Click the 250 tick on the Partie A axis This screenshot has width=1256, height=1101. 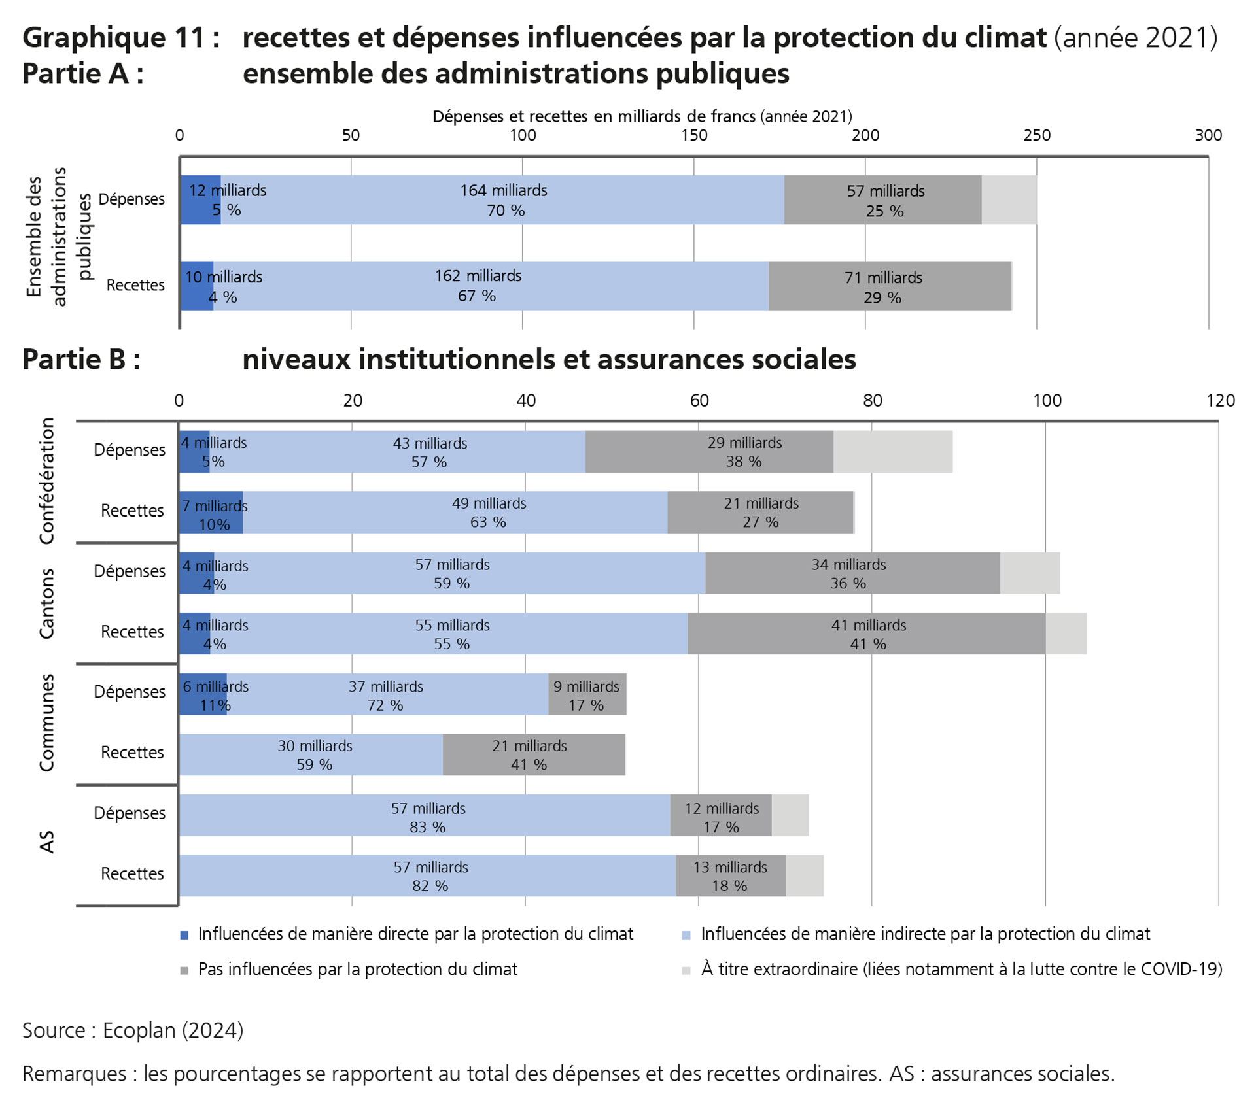(x=1036, y=135)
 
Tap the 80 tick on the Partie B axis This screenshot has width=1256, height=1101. (x=872, y=400)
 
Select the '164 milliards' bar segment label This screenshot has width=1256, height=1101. (x=503, y=191)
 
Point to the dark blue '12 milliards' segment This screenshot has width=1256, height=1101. (x=200, y=200)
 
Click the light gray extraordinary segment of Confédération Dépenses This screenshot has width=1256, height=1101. (x=892, y=452)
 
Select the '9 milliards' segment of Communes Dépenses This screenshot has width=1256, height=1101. (x=587, y=694)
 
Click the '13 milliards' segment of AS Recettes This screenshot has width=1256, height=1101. (x=730, y=875)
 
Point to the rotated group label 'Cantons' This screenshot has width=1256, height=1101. (x=47, y=603)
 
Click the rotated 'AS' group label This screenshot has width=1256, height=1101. (x=47, y=842)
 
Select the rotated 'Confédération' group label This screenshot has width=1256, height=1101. (x=47, y=481)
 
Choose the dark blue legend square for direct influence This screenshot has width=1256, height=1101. (x=184, y=935)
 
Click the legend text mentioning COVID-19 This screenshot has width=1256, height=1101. (x=961, y=969)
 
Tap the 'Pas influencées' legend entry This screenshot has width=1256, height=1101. (x=357, y=969)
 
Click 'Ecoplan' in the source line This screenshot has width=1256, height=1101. (x=139, y=1030)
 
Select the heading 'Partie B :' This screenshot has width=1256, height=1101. (x=81, y=360)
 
